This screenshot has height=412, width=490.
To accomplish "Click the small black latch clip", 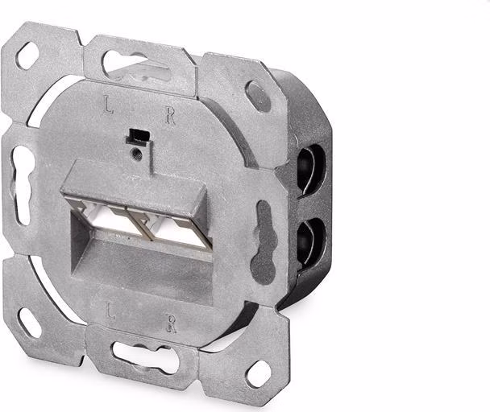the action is [138, 137].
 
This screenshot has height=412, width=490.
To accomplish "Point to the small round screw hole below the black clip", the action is [137, 154].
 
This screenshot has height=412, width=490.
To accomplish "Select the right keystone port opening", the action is [181, 230].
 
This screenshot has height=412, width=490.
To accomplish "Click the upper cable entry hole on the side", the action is [310, 171].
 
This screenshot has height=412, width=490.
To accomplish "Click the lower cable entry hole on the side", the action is [310, 242].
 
